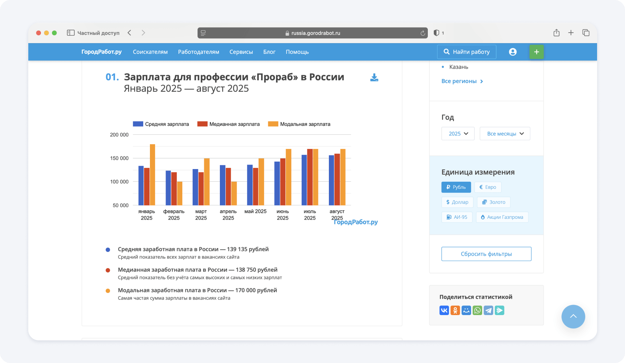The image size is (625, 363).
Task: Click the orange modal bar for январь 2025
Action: (x=153, y=175)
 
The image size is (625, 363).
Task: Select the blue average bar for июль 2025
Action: (x=304, y=180)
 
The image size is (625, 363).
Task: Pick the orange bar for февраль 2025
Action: (x=180, y=193)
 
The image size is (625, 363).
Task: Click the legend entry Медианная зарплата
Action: (x=228, y=124)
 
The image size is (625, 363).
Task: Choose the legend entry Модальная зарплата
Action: (x=299, y=124)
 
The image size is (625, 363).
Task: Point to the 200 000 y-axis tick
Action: (x=119, y=134)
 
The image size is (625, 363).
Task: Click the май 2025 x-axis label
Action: (x=255, y=211)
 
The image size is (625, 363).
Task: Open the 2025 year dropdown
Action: (x=458, y=134)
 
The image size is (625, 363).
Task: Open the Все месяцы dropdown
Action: (x=505, y=134)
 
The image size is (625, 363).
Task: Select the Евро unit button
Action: (x=488, y=187)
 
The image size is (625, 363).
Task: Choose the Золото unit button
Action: (x=494, y=202)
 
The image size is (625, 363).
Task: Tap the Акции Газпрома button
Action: (x=502, y=217)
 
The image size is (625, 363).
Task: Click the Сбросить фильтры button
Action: (x=486, y=254)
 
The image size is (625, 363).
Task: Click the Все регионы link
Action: (x=462, y=81)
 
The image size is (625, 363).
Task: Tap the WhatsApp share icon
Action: (x=477, y=310)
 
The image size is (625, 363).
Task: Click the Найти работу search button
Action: (x=467, y=52)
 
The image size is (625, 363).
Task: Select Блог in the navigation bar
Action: (x=269, y=52)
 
